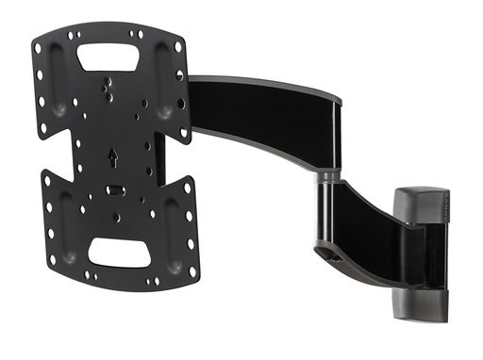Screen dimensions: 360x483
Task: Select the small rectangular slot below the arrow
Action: coord(115,189)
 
